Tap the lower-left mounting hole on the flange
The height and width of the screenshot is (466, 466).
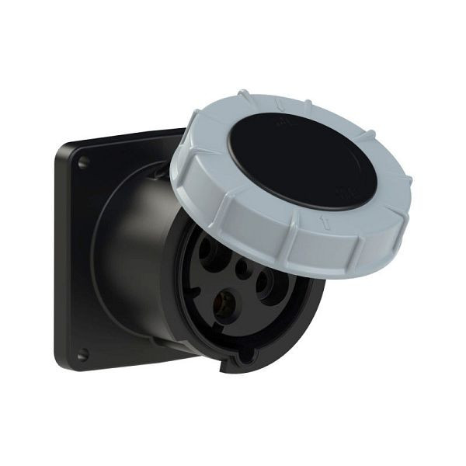coord(82,354)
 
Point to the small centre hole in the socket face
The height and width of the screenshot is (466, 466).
coord(244,271)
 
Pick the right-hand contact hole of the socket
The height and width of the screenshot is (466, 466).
coord(270,283)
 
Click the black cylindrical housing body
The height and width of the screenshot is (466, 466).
coord(132,256)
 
